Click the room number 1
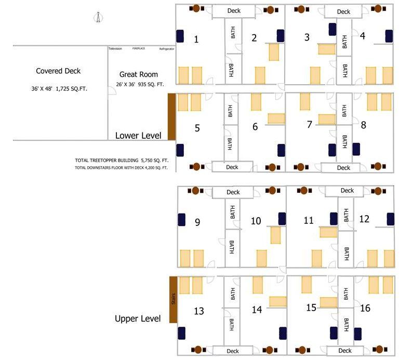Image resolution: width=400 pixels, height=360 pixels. (196, 39)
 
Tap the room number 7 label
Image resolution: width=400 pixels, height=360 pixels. (310, 125)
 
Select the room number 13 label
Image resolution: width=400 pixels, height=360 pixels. (199, 311)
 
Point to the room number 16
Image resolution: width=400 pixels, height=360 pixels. (365, 309)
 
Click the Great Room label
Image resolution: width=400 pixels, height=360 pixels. (138, 74)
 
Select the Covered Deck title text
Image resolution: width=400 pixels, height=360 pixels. (58, 71)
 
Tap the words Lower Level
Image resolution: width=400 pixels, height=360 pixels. (138, 136)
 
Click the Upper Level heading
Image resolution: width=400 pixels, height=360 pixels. (138, 318)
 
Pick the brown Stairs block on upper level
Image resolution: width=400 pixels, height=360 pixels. (174, 300)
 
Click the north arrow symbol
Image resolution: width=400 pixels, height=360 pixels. (97, 18)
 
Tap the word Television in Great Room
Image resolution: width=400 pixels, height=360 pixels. (115, 49)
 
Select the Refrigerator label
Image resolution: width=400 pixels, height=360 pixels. (166, 49)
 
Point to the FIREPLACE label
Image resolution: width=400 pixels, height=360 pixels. (139, 48)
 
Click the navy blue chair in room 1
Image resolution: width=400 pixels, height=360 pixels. (180, 36)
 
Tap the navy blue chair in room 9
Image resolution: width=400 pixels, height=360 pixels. (182, 219)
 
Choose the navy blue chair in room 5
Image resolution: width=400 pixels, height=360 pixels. (180, 150)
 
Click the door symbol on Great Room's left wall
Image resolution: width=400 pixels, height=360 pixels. (111, 90)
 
